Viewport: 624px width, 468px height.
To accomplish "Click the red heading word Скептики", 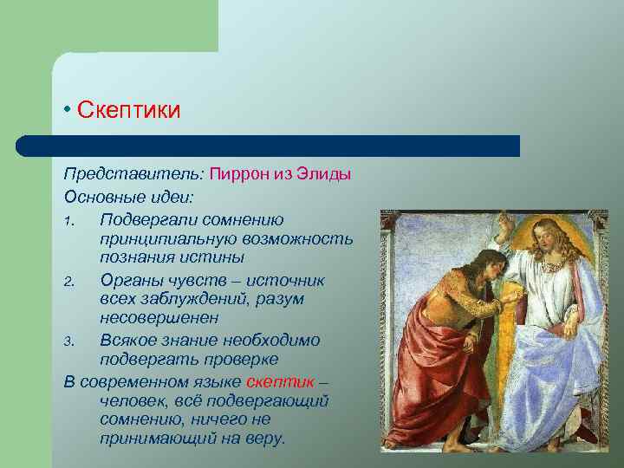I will (128, 111).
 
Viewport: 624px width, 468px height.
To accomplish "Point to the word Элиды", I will (322, 173).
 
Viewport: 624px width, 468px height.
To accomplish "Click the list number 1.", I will (68, 221).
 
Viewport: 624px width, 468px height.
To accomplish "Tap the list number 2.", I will (69, 280).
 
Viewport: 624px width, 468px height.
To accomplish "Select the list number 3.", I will (69, 340).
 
